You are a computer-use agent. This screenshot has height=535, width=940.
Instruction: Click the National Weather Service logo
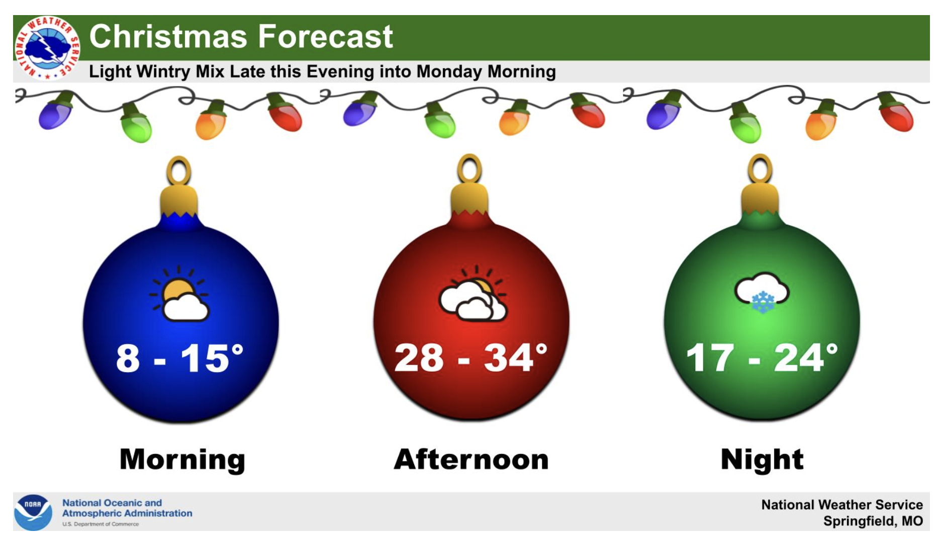pos(47,48)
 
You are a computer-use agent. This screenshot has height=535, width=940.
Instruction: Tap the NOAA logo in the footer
pos(33,512)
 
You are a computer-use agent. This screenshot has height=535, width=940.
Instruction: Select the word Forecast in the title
pos(326,37)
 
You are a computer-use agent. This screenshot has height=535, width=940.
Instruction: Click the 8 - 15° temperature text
pos(179,359)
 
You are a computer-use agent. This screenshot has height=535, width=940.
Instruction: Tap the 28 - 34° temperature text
pos(471,358)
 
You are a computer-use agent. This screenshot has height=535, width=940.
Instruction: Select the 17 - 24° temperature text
pos(762,358)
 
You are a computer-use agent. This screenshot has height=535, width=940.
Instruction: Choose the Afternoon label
pos(471,460)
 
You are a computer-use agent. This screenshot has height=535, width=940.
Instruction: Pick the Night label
pos(762,460)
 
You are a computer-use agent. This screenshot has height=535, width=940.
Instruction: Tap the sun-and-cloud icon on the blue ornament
pos(179,294)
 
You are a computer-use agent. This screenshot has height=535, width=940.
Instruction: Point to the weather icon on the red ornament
pos(473,294)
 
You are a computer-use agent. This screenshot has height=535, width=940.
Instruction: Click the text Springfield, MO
pos(873,521)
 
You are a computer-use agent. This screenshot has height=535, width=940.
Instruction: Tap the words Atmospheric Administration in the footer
pos(127,513)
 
